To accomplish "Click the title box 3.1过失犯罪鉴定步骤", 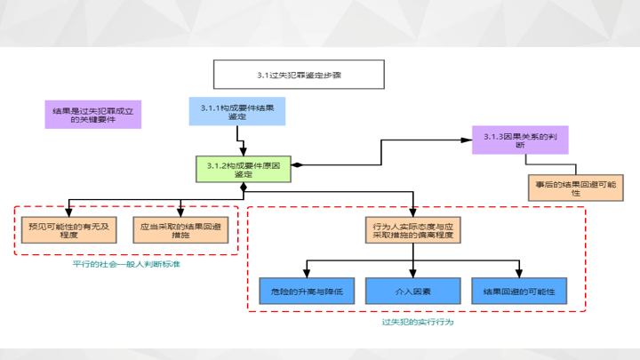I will pos(299,75).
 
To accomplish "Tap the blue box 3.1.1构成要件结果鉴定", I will pos(237,111).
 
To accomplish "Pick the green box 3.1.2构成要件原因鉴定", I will pos(243,170).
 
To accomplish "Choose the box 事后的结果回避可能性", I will pos(575,187).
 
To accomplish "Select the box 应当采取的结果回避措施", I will pos(180,231).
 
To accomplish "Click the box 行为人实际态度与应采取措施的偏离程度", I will pos(412,231).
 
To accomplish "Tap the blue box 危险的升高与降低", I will pos(308,292).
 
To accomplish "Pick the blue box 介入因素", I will pos(412,292).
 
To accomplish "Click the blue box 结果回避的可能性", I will pos(518,292).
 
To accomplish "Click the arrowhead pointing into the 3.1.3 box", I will pos(476,140).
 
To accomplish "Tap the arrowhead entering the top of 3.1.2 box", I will pos(243,153).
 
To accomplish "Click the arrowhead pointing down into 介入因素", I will pos(412,274).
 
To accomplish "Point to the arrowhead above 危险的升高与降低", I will pos(308,274).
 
